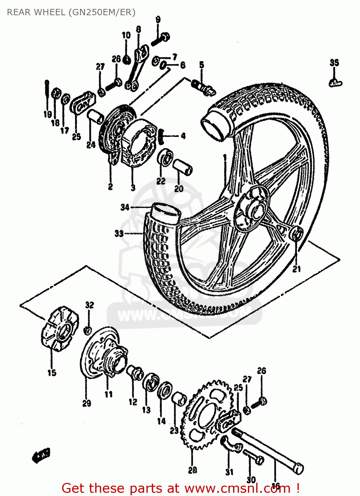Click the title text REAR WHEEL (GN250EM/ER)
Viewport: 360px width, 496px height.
coord(71,12)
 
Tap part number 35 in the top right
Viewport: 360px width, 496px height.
coord(334,62)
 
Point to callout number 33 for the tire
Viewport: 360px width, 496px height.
coord(119,233)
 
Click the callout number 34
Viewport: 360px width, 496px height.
coord(125,207)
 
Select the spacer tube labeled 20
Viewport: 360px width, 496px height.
coord(183,167)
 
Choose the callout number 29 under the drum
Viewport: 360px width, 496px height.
coord(87,403)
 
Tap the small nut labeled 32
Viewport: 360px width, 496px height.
coord(88,330)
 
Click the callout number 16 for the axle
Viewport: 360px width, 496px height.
coord(275,485)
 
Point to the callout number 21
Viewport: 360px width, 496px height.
coord(297,269)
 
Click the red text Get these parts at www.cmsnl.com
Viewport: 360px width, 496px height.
coord(180,488)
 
